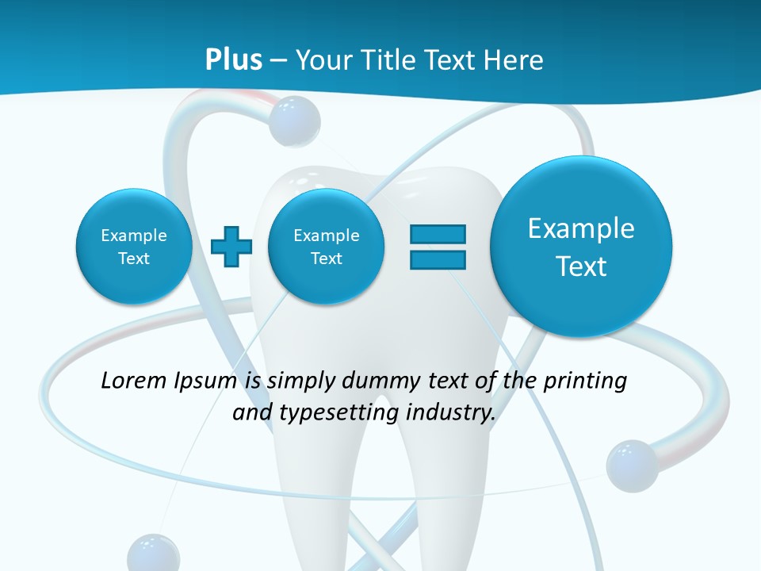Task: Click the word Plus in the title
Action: click(x=234, y=60)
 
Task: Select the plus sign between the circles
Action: click(x=231, y=247)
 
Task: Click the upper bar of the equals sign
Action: click(x=438, y=235)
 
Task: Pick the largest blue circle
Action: click(x=581, y=247)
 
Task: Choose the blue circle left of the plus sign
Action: click(x=134, y=247)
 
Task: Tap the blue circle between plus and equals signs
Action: click(x=326, y=247)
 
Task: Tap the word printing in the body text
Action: click(x=587, y=381)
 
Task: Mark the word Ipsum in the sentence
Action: click(x=207, y=381)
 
